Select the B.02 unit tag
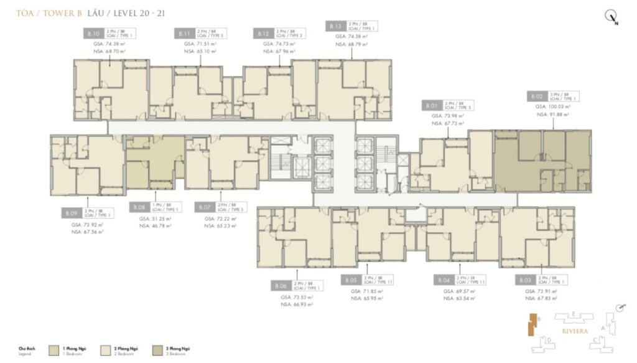[x=537, y=97]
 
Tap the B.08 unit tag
[x=140, y=207]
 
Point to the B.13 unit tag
[x=335, y=26]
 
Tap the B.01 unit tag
[x=430, y=105]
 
